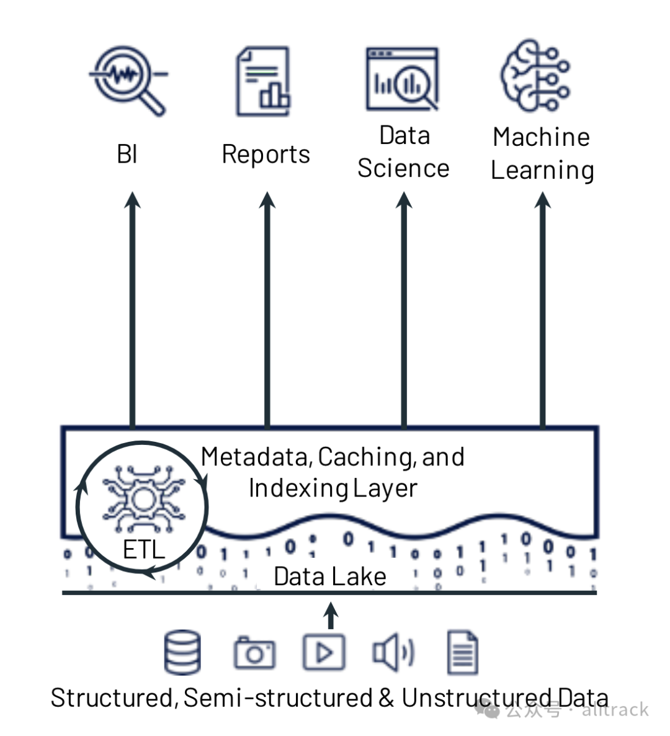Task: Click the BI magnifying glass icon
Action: [128, 80]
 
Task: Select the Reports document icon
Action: [263, 81]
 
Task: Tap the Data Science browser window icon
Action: [402, 79]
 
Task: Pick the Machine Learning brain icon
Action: [535, 76]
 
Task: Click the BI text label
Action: [127, 154]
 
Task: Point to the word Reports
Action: [266, 155]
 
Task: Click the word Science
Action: [403, 168]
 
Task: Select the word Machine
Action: [542, 137]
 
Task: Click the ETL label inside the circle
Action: [143, 549]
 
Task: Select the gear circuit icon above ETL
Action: [143, 499]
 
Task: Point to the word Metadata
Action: [257, 457]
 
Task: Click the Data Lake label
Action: [330, 576]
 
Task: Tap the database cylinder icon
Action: [182, 652]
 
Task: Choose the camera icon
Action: [254, 652]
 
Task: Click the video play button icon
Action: [324, 652]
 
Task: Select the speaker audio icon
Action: [393, 652]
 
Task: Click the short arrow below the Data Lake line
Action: [331, 616]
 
